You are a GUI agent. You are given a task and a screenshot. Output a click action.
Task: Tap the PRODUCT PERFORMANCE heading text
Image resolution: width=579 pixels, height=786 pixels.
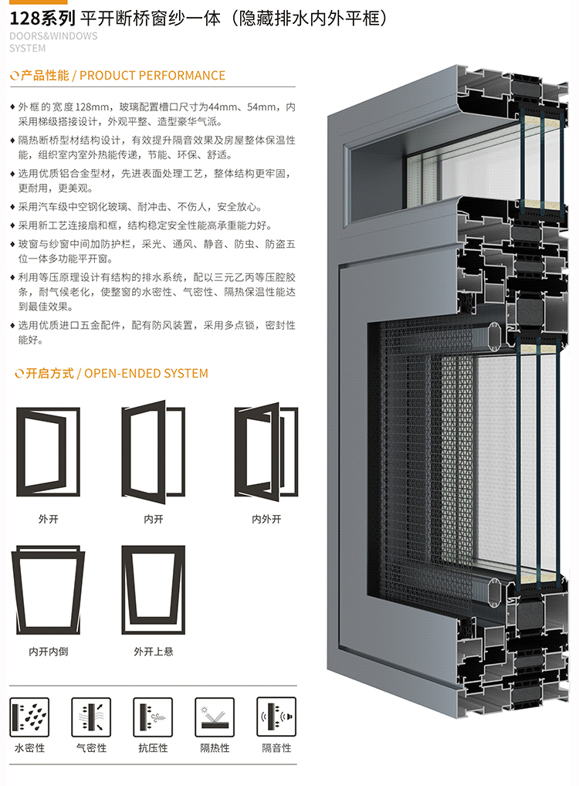tap(152, 76)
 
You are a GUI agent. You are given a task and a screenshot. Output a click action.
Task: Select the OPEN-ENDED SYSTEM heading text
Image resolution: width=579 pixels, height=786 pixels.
tap(145, 374)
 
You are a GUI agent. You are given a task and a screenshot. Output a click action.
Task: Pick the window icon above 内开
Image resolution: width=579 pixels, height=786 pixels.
tap(153, 449)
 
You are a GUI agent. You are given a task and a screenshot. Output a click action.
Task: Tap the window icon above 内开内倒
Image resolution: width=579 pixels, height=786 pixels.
tap(48, 591)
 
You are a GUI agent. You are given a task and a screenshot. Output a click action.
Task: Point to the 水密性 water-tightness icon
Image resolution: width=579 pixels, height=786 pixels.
tap(29, 716)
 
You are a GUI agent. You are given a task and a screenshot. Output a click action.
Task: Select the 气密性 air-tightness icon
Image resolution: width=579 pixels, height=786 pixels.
tap(91, 716)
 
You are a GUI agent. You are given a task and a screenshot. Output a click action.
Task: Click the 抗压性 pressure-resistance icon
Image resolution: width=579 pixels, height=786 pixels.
tap(153, 716)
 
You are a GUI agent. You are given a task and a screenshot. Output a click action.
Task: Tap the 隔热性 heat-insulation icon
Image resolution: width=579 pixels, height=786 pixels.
tap(215, 716)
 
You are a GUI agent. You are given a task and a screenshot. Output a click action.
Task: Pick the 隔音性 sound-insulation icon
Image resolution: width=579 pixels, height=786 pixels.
tap(276, 716)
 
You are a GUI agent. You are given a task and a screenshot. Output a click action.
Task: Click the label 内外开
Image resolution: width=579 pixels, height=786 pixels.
tap(266, 520)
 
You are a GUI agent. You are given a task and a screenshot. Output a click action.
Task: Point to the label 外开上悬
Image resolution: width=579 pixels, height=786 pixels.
tap(153, 652)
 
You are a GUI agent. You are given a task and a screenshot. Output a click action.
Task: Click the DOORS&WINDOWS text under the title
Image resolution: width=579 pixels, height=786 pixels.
tap(54, 36)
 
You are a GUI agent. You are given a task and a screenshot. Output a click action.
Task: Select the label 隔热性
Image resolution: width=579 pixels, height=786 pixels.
tap(215, 748)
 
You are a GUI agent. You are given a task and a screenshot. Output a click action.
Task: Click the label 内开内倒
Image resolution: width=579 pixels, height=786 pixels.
tap(48, 652)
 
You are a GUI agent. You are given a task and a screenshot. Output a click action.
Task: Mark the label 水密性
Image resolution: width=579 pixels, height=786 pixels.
tap(29, 748)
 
